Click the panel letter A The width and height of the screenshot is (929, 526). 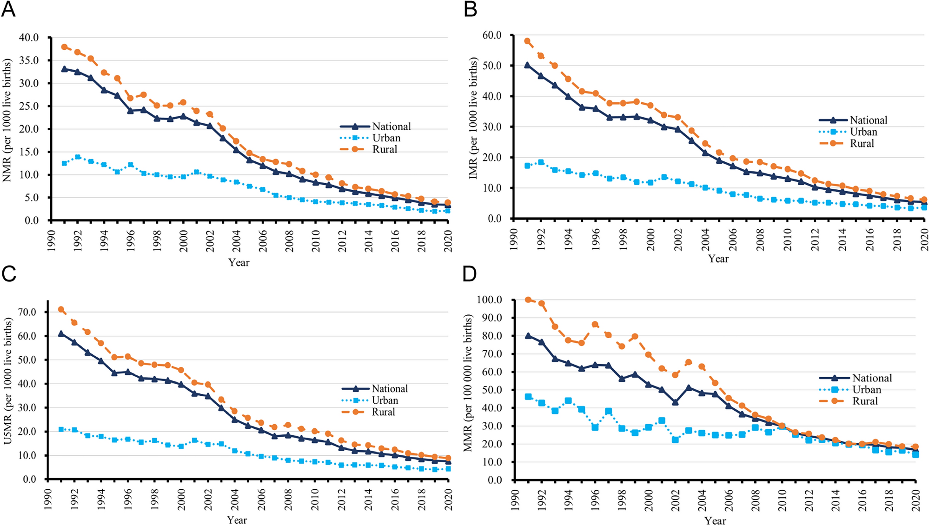(x=8, y=9)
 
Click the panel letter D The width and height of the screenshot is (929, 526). (x=470, y=274)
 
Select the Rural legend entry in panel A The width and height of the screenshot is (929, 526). (x=385, y=149)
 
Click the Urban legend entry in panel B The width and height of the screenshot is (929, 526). (x=863, y=132)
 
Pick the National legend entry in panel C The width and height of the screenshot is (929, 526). (x=390, y=389)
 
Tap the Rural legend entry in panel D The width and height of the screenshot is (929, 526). (x=865, y=401)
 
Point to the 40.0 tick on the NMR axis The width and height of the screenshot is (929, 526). (x=29, y=37)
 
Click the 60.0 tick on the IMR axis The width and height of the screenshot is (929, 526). (x=491, y=35)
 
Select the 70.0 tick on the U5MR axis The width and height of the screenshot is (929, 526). (x=27, y=312)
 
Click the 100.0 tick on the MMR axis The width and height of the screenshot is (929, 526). (x=489, y=300)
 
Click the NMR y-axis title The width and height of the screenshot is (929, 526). (x=7, y=120)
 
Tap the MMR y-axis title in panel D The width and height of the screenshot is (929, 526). (x=468, y=383)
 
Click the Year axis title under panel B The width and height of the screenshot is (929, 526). (x=718, y=259)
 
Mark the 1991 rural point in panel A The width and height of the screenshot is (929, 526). (x=65, y=47)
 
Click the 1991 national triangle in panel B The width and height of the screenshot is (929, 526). (x=527, y=65)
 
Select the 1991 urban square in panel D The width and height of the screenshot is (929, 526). (x=528, y=397)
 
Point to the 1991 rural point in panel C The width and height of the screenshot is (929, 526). (x=61, y=309)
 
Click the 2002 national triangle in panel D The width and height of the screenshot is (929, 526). (x=675, y=402)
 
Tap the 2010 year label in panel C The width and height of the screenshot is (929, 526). (x=315, y=499)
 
